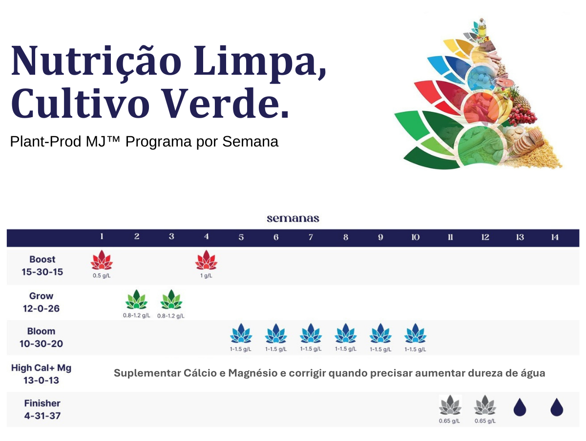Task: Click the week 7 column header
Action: point(311,237)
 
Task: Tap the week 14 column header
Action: point(555,237)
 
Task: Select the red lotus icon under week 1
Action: point(102,260)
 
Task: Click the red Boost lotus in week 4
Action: point(206,260)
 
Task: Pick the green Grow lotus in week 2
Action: point(136,299)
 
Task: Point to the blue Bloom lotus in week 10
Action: point(415,333)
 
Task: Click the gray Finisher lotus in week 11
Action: point(450,405)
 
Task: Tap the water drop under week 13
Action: point(520,407)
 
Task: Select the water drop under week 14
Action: point(557,407)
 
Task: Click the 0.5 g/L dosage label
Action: point(102,275)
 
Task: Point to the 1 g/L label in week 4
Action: point(206,275)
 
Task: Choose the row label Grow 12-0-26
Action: point(41,302)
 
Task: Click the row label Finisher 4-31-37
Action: point(42,409)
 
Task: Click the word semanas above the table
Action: point(293,219)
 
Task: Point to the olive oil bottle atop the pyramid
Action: point(481,27)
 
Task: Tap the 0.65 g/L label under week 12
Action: point(485,421)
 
